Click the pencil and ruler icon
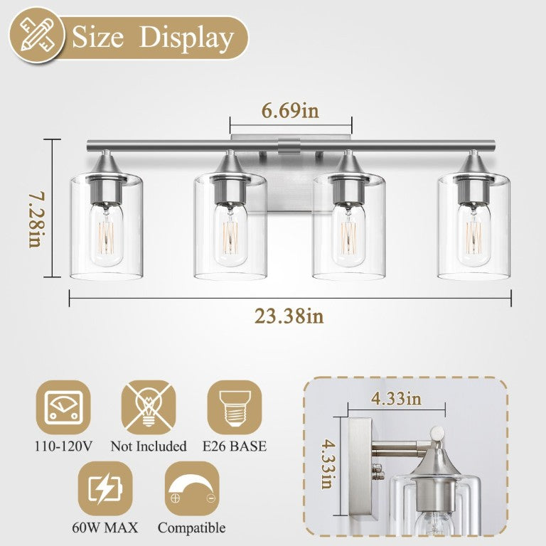37,35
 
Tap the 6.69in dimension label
290,111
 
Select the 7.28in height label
36,220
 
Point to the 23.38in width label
289,316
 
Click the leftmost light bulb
108,233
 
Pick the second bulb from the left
230,234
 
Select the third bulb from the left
349,234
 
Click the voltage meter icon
63,407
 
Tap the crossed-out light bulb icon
149,407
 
